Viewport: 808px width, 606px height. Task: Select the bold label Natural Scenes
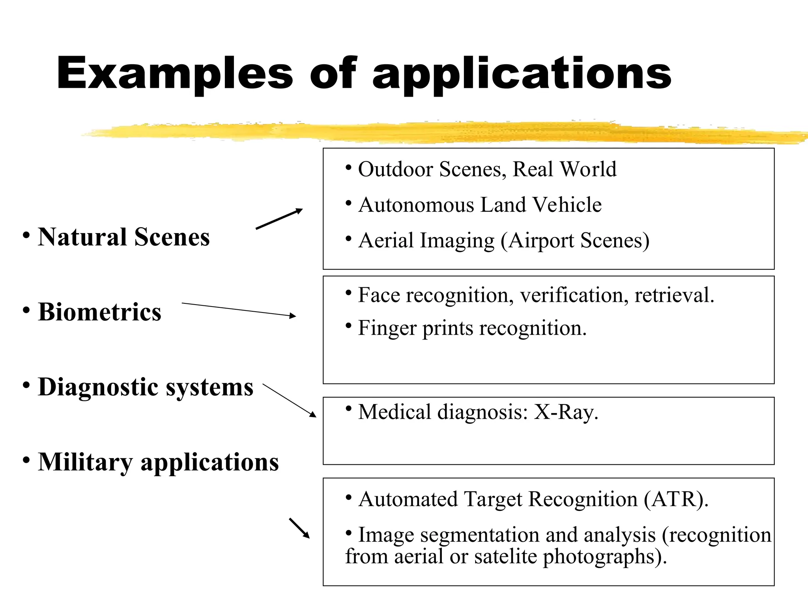(x=123, y=237)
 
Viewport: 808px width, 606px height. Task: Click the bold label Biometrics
(x=99, y=312)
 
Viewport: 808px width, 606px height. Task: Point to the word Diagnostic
(x=98, y=387)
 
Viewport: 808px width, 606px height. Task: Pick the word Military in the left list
(x=85, y=462)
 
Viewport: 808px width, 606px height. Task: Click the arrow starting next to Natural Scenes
(x=279, y=219)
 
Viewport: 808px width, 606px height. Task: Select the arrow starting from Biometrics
(x=239, y=309)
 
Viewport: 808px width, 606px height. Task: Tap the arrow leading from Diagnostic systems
(x=289, y=400)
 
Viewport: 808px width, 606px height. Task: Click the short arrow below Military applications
(x=299, y=528)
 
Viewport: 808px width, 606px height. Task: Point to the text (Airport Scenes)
(x=575, y=241)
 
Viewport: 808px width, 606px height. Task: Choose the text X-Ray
(x=566, y=412)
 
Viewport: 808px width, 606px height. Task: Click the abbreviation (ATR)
(x=676, y=499)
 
